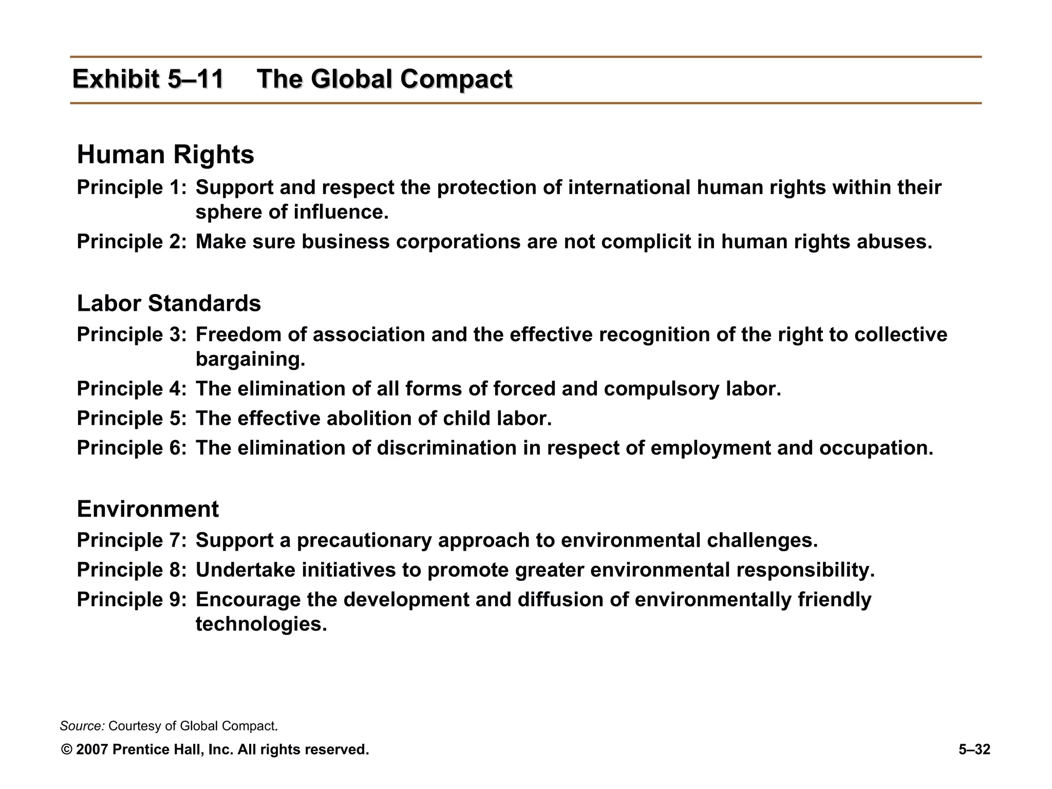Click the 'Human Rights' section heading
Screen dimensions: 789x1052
pyautogui.click(x=165, y=155)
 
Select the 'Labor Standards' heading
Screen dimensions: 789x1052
pyautogui.click(x=168, y=304)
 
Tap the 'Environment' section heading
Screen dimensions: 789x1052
pyautogui.click(x=147, y=509)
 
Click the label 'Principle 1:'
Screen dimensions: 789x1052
pyautogui.click(x=131, y=187)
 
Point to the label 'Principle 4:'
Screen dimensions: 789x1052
pyautogui.click(x=131, y=389)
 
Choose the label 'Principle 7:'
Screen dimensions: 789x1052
pyautogui.click(x=131, y=540)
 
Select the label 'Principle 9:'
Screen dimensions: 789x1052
pyautogui.click(x=131, y=600)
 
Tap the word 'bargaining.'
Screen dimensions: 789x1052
pyautogui.click(x=250, y=359)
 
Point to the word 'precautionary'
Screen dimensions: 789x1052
pyautogui.click(x=364, y=540)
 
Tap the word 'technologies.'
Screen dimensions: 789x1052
pyautogui.click(x=261, y=624)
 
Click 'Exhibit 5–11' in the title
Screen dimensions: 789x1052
pyautogui.click(x=148, y=80)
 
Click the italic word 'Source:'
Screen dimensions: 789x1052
pyautogui.click(x=82, y=726)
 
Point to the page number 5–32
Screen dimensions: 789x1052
pyautogui.click(x=974, y=750)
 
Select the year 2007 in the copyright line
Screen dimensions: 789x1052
pyautogui.click(x=92, y=750)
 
